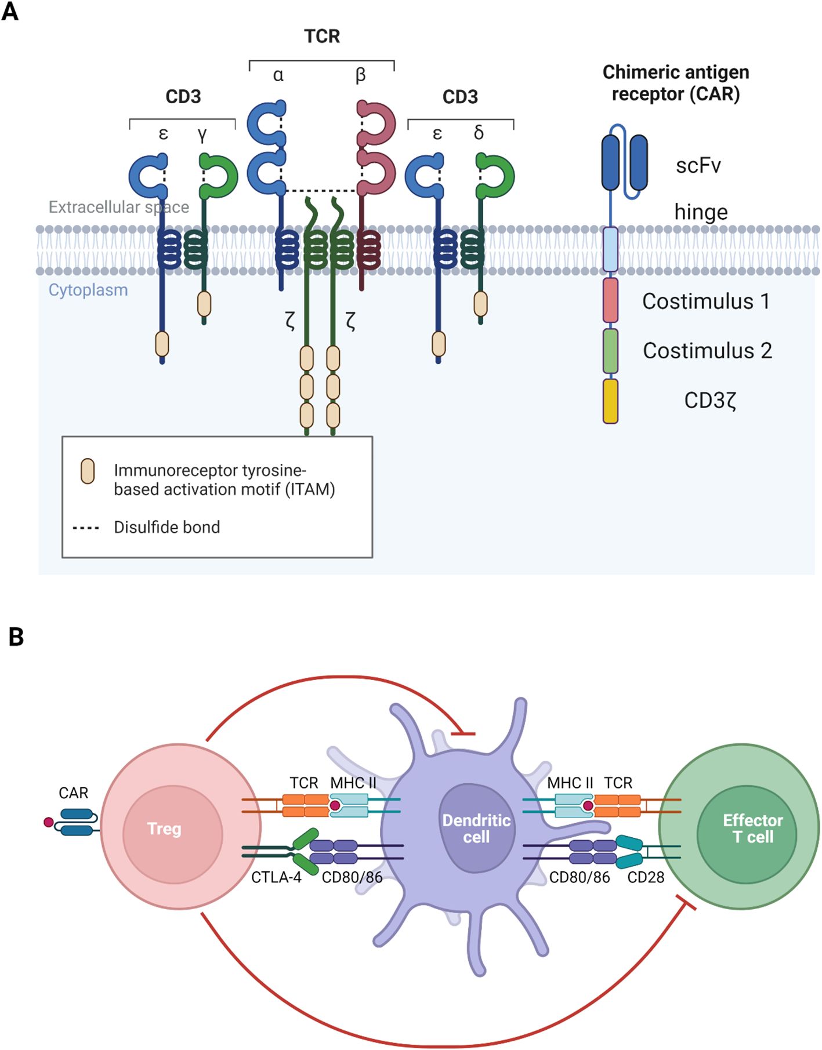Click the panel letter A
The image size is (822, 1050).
click(x=10, y=12)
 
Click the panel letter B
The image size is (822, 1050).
click(x=16, y=637)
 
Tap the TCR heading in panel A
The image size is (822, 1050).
click(x=322, y=37)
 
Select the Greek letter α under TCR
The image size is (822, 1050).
click(x=278, y=75)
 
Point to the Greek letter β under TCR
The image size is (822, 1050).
click(x=361, y=75)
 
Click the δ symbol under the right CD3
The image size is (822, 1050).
click(x=479, y=133)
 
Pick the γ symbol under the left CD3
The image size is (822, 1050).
click(x=202, y=134)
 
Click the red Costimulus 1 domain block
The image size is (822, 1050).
click(x=610, y=300)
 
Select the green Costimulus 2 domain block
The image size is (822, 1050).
click(x=610, y=351)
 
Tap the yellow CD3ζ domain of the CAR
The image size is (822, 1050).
click(x=610, y=401)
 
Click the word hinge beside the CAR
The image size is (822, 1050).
click(x=701, y=212)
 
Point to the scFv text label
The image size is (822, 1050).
click(x=698, y=166)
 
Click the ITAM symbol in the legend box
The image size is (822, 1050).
click(x=88, y=471)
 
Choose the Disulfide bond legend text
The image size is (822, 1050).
click(x=166, y=527)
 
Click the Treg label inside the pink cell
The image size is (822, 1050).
click(x=164, y=829)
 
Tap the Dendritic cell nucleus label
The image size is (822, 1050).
click(x=476, y=829)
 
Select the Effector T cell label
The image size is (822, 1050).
click(x=752, y=829)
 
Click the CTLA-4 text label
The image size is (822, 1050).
click(x=276, y=877)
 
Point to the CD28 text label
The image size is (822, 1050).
click(x=646, y=877)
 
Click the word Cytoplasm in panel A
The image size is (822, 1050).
click(x=88, y=290)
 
